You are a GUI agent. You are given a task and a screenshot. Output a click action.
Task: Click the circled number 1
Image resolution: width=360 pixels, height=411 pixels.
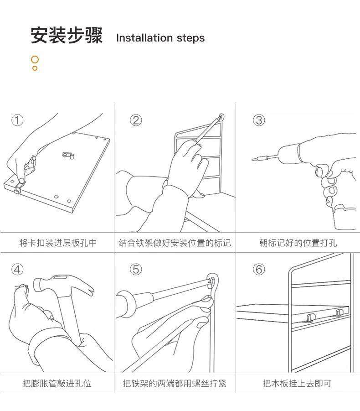(x=17, y=120)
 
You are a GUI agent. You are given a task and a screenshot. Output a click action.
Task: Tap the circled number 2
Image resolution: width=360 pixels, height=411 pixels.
(x=136, y=120)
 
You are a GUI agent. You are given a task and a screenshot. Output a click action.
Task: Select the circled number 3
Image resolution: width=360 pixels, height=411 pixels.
(x=259, y=120)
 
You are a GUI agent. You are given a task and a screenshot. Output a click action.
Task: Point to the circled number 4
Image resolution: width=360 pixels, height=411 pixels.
(x=17, y=269)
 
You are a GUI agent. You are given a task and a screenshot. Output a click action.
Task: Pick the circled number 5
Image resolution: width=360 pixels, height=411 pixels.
(x=136, y=269)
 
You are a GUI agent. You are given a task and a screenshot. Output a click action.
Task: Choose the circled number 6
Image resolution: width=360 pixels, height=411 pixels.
(x=259, y=269)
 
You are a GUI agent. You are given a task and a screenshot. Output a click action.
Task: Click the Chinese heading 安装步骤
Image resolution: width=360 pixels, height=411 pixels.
(x=67, y=36)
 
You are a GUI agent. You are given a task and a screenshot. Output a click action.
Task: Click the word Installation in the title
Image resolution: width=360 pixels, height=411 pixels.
(x=144, y=38)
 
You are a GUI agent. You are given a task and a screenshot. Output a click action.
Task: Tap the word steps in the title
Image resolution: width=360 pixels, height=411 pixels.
(x=190, y=38)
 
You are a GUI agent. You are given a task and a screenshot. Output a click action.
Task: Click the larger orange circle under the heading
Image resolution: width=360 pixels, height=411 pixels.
(x=35, y=60)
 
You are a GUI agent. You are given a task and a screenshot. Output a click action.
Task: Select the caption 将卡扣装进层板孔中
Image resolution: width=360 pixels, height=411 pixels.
(x=58, y=243)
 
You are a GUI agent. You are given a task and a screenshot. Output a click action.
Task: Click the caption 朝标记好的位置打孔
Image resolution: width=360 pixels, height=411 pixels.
(x=298, y=243)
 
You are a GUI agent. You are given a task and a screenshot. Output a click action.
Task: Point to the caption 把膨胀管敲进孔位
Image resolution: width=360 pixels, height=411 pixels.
(x=57, y=383)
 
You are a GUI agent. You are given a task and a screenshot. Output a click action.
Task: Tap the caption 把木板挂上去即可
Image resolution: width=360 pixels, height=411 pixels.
(x=297, y=383)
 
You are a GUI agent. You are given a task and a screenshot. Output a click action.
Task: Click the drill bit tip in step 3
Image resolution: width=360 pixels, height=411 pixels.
(x=253, y=159)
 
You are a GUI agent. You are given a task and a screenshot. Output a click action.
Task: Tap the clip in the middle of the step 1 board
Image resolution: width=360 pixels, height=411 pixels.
(x=68, y=155)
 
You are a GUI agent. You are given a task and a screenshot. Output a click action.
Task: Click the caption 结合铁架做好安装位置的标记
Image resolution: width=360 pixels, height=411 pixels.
(x=175, y=243)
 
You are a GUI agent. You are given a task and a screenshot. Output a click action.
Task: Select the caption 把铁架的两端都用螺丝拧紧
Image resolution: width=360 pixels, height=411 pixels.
(x=175, y=383)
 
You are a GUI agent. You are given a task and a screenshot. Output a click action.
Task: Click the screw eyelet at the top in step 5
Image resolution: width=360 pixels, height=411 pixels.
(x=212, y=281)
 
